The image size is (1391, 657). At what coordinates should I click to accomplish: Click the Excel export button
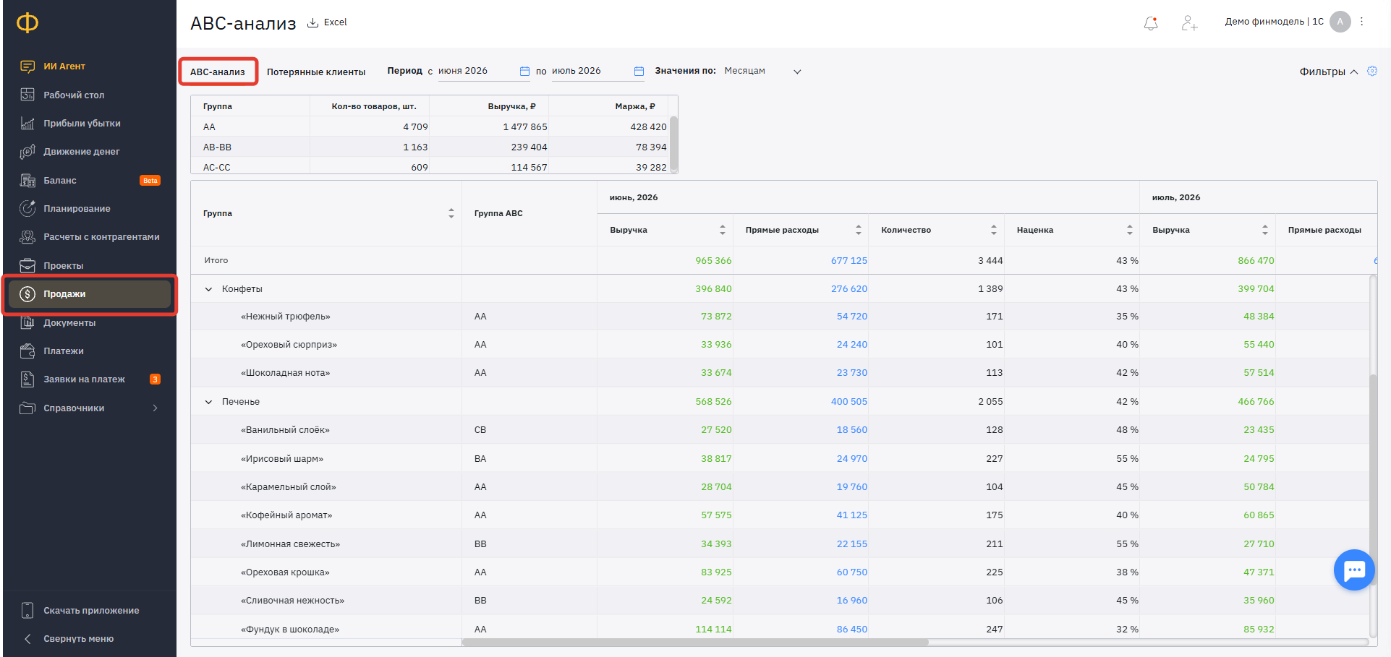(327, 22)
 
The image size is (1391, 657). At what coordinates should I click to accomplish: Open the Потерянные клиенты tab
(316, 72)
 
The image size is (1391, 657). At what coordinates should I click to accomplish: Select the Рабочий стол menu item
(74, 95)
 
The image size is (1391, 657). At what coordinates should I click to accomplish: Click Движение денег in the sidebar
(81, 152)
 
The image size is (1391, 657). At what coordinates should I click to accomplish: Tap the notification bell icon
(1151, 23)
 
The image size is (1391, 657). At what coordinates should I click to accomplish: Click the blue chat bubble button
(1354, 570)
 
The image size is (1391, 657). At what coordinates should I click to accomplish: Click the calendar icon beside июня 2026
(524, 71)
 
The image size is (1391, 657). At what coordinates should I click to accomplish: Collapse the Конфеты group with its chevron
(208, 289)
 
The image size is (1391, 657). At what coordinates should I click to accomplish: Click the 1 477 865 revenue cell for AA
(525, 126)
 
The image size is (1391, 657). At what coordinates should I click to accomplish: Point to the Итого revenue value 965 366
(713, 260)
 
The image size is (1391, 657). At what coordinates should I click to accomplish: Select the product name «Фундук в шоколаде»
(290, 629)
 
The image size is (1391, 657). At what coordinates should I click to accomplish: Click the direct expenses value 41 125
(852, 515)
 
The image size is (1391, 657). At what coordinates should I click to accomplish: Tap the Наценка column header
(1035, 230)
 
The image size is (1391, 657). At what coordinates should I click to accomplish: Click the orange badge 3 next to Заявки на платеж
(155, 379)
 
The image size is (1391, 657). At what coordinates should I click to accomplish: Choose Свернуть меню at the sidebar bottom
(78, 639)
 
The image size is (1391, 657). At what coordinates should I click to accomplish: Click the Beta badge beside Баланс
(150, 181)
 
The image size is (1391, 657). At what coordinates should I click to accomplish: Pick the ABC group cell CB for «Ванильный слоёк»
(480, 430)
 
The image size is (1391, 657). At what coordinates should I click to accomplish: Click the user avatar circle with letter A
(1340, 22)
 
